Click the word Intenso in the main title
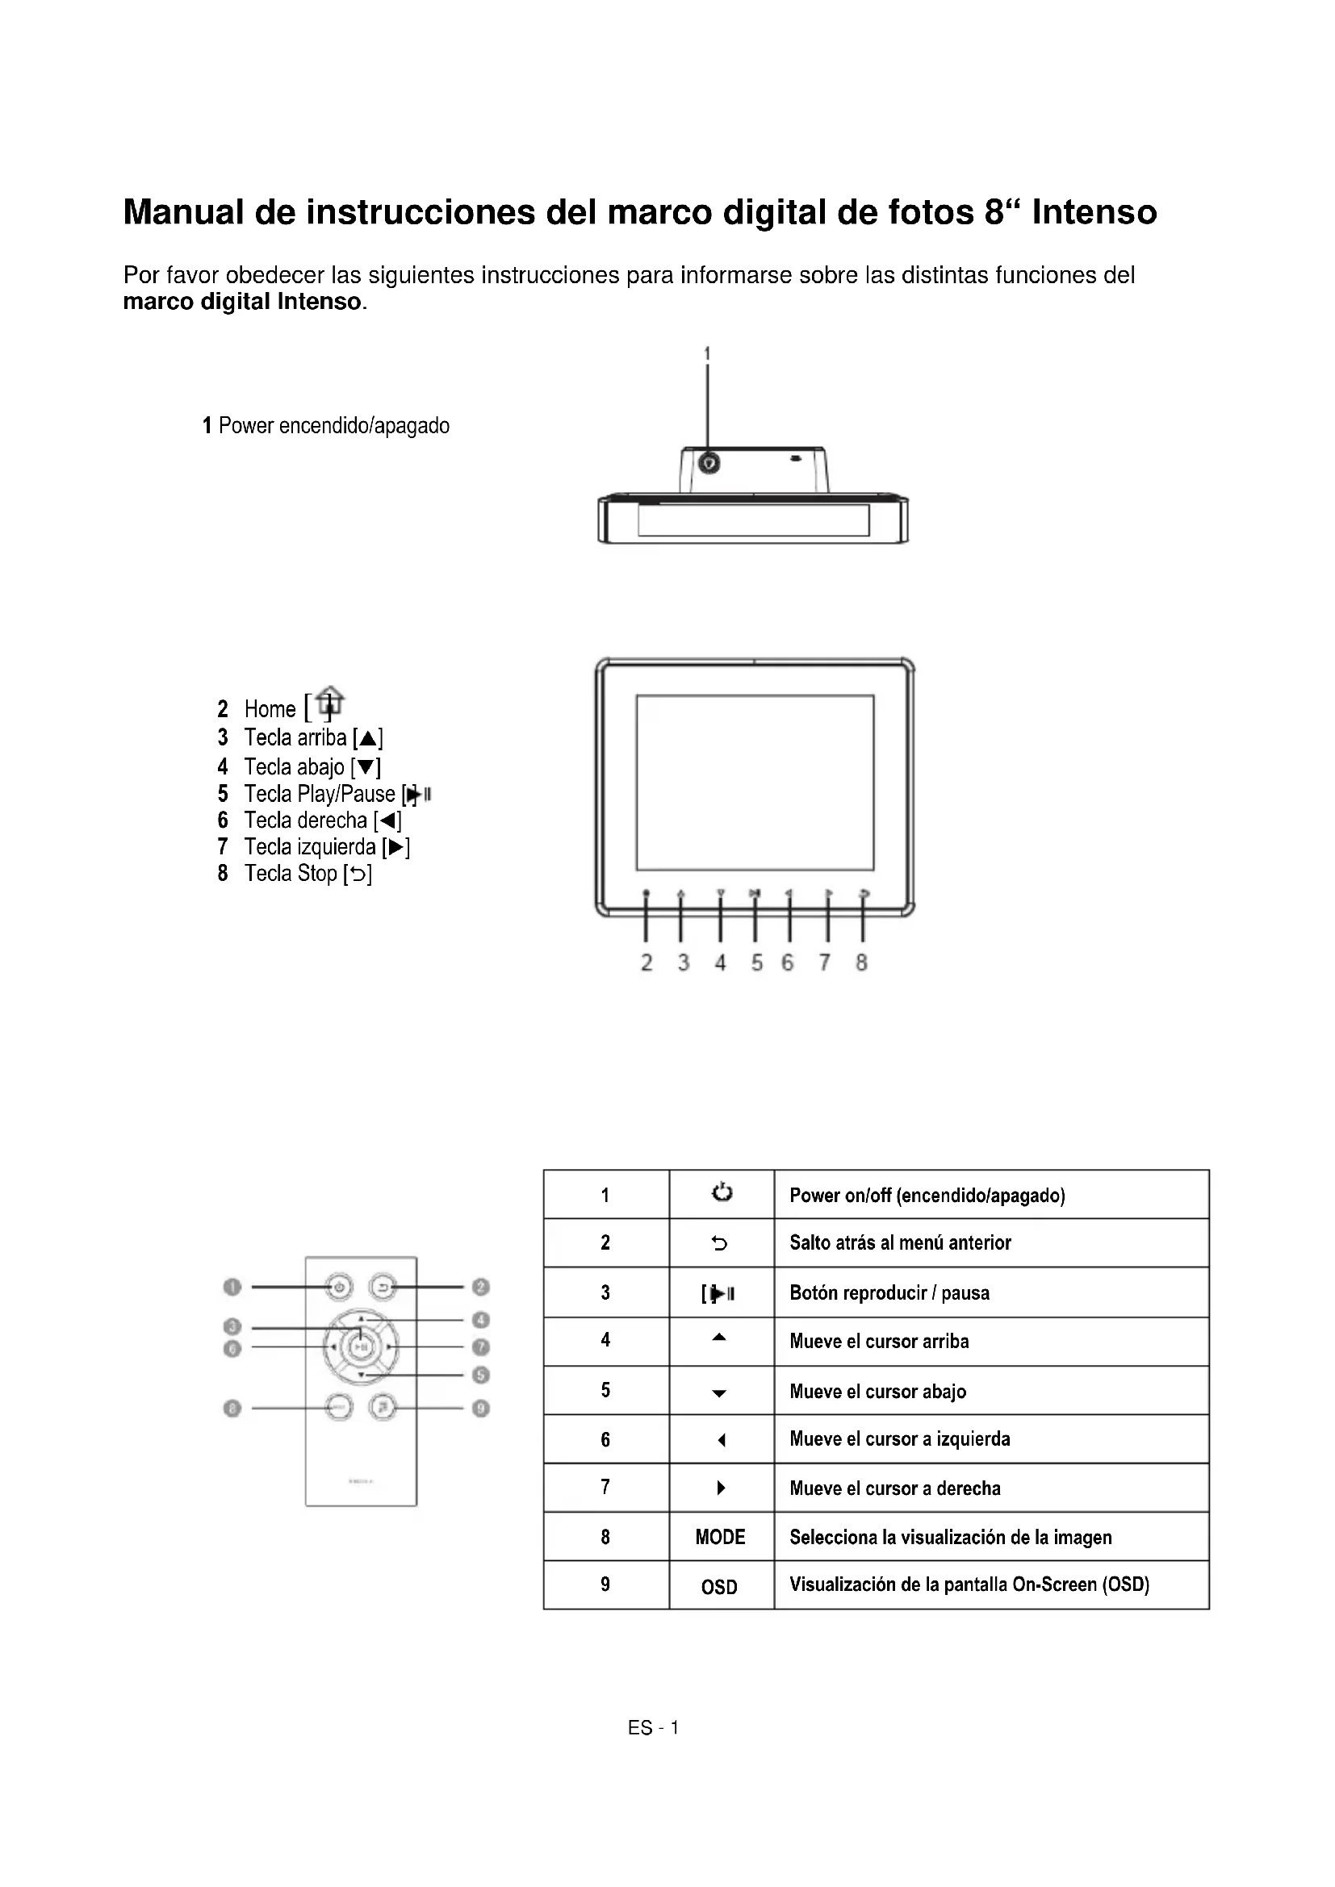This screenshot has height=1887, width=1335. click(x=1094, y=212)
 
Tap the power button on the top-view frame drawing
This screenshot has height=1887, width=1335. click(x=709, y=465)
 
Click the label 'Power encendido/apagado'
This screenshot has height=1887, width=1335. click(x=326, y=426)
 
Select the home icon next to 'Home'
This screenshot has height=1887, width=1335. click(x=330, y=703)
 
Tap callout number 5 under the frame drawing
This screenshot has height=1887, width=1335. click(x=756, y=962)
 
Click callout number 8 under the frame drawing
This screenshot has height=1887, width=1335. click(x=861, y=962)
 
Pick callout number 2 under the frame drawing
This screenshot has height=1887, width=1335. click(x=647, y=962)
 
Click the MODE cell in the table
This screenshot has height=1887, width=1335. click(x=720, y=1537)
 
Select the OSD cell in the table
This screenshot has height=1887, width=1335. click(x=719, y=1587)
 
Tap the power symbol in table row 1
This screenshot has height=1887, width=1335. click(x=722, y=1193)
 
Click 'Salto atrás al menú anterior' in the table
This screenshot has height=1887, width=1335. click(x=900, y=1242)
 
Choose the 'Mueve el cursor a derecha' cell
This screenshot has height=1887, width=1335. click(x=895, y=1488)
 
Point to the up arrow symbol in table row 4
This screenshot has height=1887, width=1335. click(x=719, y=1338)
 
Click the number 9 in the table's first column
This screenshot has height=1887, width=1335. click(x=606, y=1584)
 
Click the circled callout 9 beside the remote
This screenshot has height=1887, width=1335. click(x=482, y=1408)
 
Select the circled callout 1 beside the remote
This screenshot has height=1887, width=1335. click(x=232, y=1287)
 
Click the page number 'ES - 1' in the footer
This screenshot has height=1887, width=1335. click(x=654, y=1728)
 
